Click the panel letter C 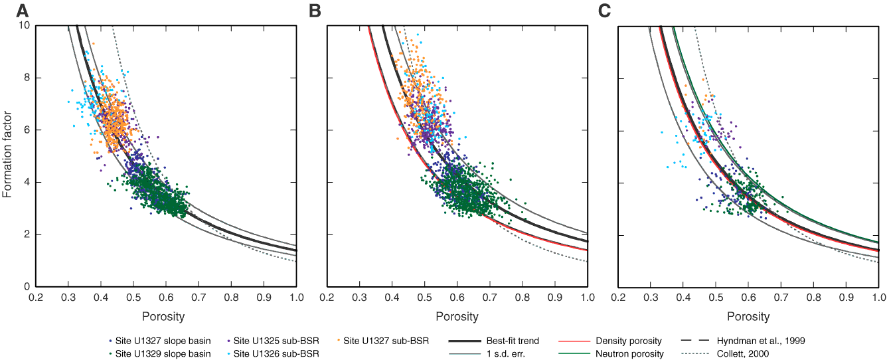pos(604,11)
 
